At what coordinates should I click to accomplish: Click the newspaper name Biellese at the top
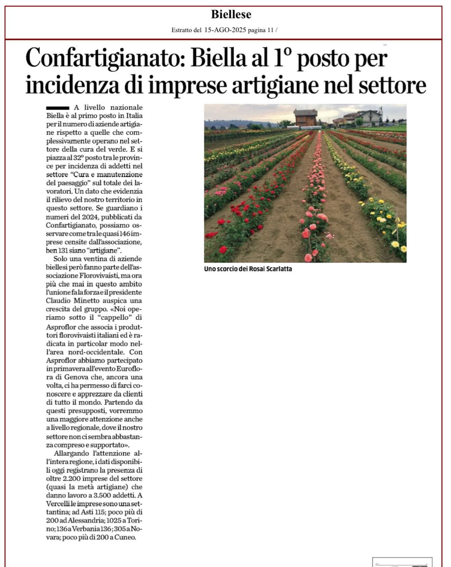[x=231, y=14]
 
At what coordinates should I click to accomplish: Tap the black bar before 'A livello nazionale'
[x=57, y=108]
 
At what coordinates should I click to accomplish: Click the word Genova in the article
[x=76, y=377]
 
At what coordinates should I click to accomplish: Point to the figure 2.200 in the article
[x=73, y=478]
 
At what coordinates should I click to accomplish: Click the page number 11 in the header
[x=270, y=30]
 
